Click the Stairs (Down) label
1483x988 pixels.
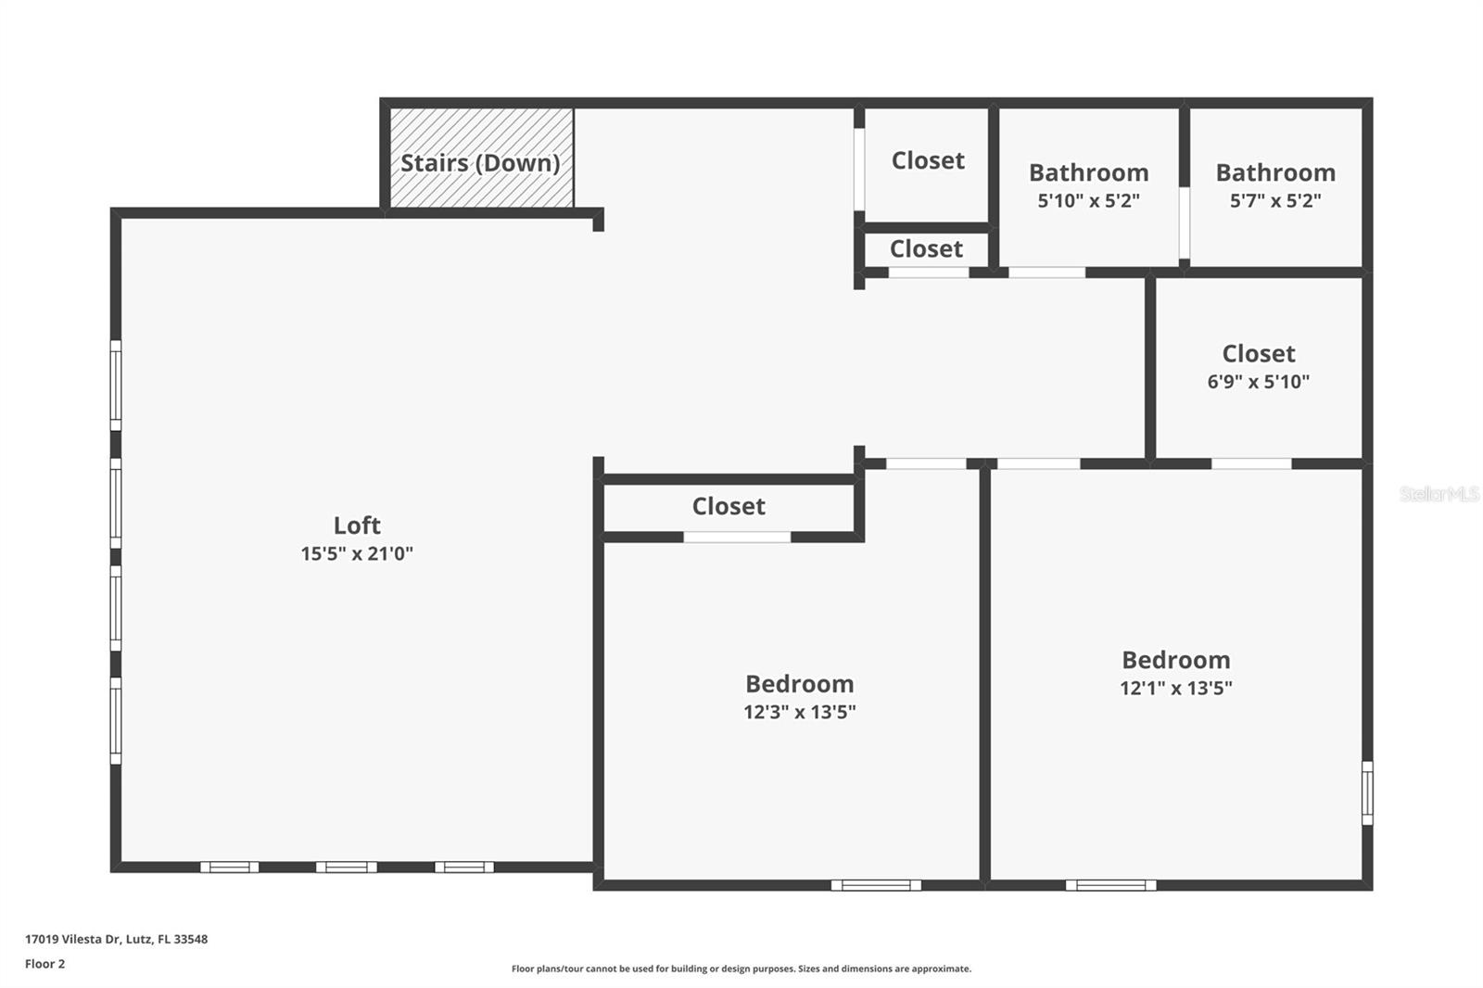[x=480, y=163]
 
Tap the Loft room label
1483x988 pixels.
[x=357, y=526]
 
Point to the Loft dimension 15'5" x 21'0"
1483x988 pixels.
[x=357, y=554]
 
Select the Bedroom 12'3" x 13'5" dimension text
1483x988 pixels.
[x=799, y=712]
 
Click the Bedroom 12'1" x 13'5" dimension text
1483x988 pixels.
[x=1175, y=688]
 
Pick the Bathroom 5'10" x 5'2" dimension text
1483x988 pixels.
[x=1088, y=200]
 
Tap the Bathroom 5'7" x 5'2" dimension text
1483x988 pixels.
[x=1275, y=200]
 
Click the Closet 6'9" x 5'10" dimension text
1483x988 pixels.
[x=1258, y=381]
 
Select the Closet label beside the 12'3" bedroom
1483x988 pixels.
[x=729, y=506]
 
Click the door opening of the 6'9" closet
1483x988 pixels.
[x=1251, y=463]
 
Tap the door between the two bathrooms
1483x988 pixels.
[x=1184, y=222]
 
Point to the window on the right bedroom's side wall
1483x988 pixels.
[x=1367, y=793]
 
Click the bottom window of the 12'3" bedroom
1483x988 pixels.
[x=876, y=885]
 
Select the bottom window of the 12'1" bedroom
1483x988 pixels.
[x=1110, y=885]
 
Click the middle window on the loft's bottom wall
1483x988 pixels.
[x=346, y=868]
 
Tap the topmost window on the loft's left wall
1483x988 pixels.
[x=116, y=386]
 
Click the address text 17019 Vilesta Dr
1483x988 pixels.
[x=116, y=939]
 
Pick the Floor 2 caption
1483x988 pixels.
[x=44, y=964]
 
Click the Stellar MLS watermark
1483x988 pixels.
[x=1439, y=494]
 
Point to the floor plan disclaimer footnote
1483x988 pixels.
[x=741, y=969]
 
